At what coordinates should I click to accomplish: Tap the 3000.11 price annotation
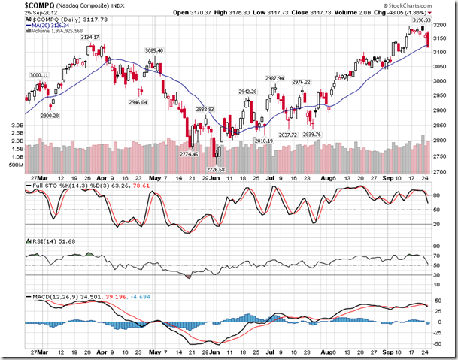point(38,75)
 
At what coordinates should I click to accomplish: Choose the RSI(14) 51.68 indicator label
point(41,241)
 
